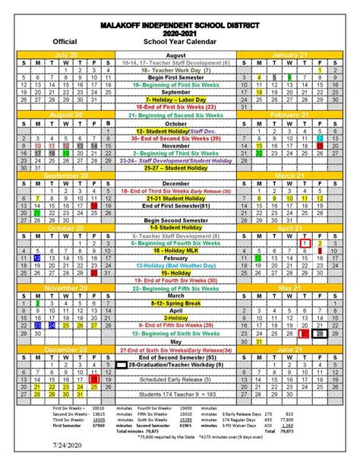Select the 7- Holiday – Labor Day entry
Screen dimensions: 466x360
click(x=175, y=100)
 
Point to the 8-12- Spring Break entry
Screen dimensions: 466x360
click(x=175, y=303)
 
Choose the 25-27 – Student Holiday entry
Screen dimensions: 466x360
click(x=175, y=168)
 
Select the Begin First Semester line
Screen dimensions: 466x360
click(x=175, y=78)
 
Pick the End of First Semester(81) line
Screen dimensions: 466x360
click(x=175, y=205)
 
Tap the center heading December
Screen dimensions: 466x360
click(x=175, y=183)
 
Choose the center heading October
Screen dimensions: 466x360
click(x=175, y=123)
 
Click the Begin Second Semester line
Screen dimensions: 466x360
click(x=175, y=220)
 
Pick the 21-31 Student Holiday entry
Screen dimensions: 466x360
click(x=175, y=198)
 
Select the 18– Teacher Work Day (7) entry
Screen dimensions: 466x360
click(x=175, y=70)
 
